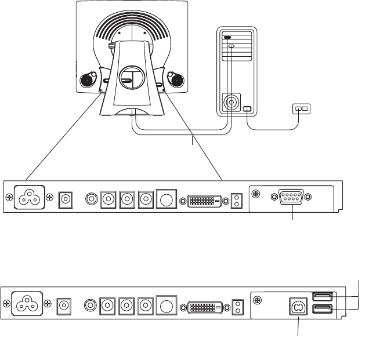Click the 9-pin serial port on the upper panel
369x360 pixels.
coord(292,197)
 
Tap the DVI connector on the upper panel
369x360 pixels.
coord(203,199)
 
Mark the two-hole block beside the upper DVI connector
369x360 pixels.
coord(236,200)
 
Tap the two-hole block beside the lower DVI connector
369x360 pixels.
coord(236,306)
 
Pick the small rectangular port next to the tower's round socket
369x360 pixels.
coord(247,109)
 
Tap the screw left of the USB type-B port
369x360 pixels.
coord(259,299)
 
